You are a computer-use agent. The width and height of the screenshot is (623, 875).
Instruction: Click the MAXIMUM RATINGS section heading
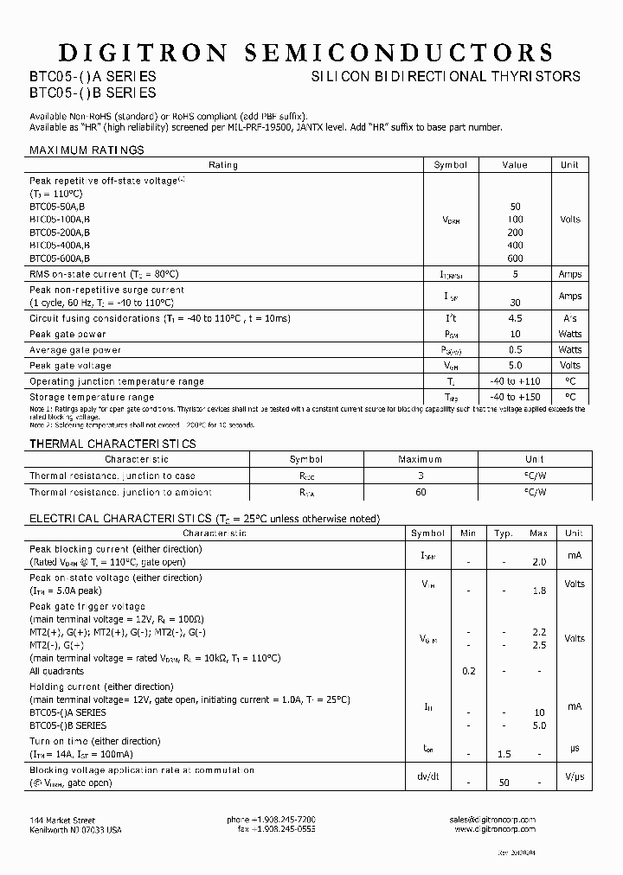(x=87, y=150)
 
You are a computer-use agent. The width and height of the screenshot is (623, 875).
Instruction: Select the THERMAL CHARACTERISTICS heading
(x=112, y=444)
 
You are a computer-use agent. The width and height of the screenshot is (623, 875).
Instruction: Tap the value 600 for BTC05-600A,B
(x=515, y=259)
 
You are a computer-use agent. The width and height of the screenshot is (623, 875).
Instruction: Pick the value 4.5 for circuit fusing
(x=515, y=319)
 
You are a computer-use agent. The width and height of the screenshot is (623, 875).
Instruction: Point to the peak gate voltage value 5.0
(x=515, y=366)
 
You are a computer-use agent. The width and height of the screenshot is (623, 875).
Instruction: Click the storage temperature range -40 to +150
(x=515, y=397)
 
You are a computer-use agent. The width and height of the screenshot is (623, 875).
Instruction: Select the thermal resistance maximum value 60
(x=421, y=492)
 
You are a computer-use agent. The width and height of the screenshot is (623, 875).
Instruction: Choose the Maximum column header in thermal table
(x=421, y=460)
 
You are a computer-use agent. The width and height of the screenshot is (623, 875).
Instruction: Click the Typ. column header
(x=504, y=534)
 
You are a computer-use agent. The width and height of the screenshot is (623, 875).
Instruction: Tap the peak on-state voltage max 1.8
(x=538, y=591)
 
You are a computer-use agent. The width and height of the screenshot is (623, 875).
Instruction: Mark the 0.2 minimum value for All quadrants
(x=469, y=671)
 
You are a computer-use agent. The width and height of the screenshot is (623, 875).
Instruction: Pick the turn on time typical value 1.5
(x=504, y=754)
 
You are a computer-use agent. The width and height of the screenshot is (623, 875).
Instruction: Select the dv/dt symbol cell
(x=427, y=776)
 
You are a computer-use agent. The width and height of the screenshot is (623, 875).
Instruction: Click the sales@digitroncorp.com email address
(x=493, y=820)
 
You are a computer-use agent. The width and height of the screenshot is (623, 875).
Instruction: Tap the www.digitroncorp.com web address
(x=495, y=829)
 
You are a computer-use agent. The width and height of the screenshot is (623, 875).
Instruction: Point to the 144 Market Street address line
(x=62, y=820)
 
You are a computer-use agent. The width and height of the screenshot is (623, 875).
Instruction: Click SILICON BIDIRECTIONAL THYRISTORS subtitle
(x=446, y=77)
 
